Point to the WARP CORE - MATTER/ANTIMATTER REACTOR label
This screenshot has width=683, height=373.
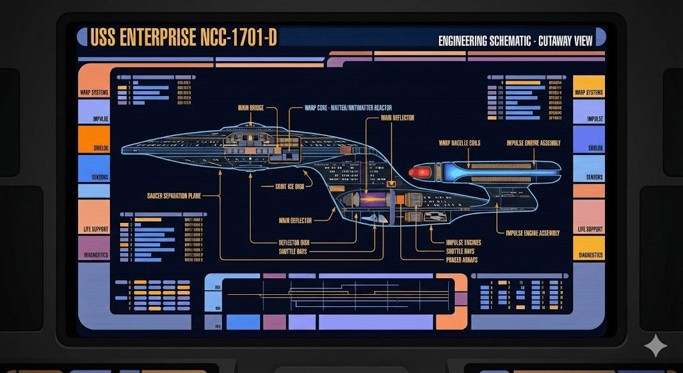click(x=348, y=107)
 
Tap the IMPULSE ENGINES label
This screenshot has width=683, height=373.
click(x=464, y=242)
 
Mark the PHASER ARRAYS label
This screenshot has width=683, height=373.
click(x=462, y=260)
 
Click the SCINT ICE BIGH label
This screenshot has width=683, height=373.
click(x=289, y=187)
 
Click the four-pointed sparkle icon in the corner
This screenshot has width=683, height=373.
click(x=655, y=346)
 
